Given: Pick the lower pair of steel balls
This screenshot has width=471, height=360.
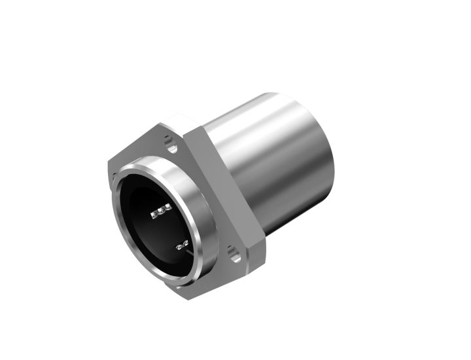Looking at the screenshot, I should tap(183, 245).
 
